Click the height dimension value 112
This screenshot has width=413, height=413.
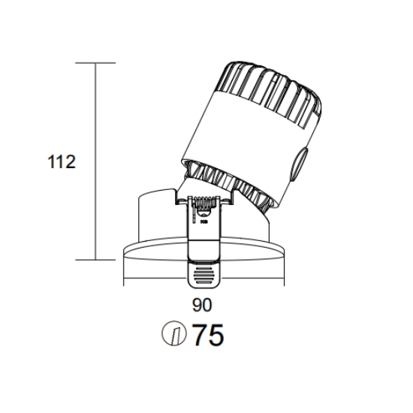tap(62, 161)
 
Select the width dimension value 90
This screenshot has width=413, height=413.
tap(202, 305)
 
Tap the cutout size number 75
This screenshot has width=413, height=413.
tap(208, 335)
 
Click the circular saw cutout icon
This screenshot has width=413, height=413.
tap(174, 333)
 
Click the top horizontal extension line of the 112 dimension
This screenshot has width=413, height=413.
tap(95, 63)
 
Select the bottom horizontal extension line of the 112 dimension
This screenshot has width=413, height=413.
tap(95, 260)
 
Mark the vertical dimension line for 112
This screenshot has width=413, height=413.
tap(95, 161)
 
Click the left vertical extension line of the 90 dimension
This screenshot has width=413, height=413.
tap(124, 269)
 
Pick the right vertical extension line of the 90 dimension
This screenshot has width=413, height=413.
tap(284, 269)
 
